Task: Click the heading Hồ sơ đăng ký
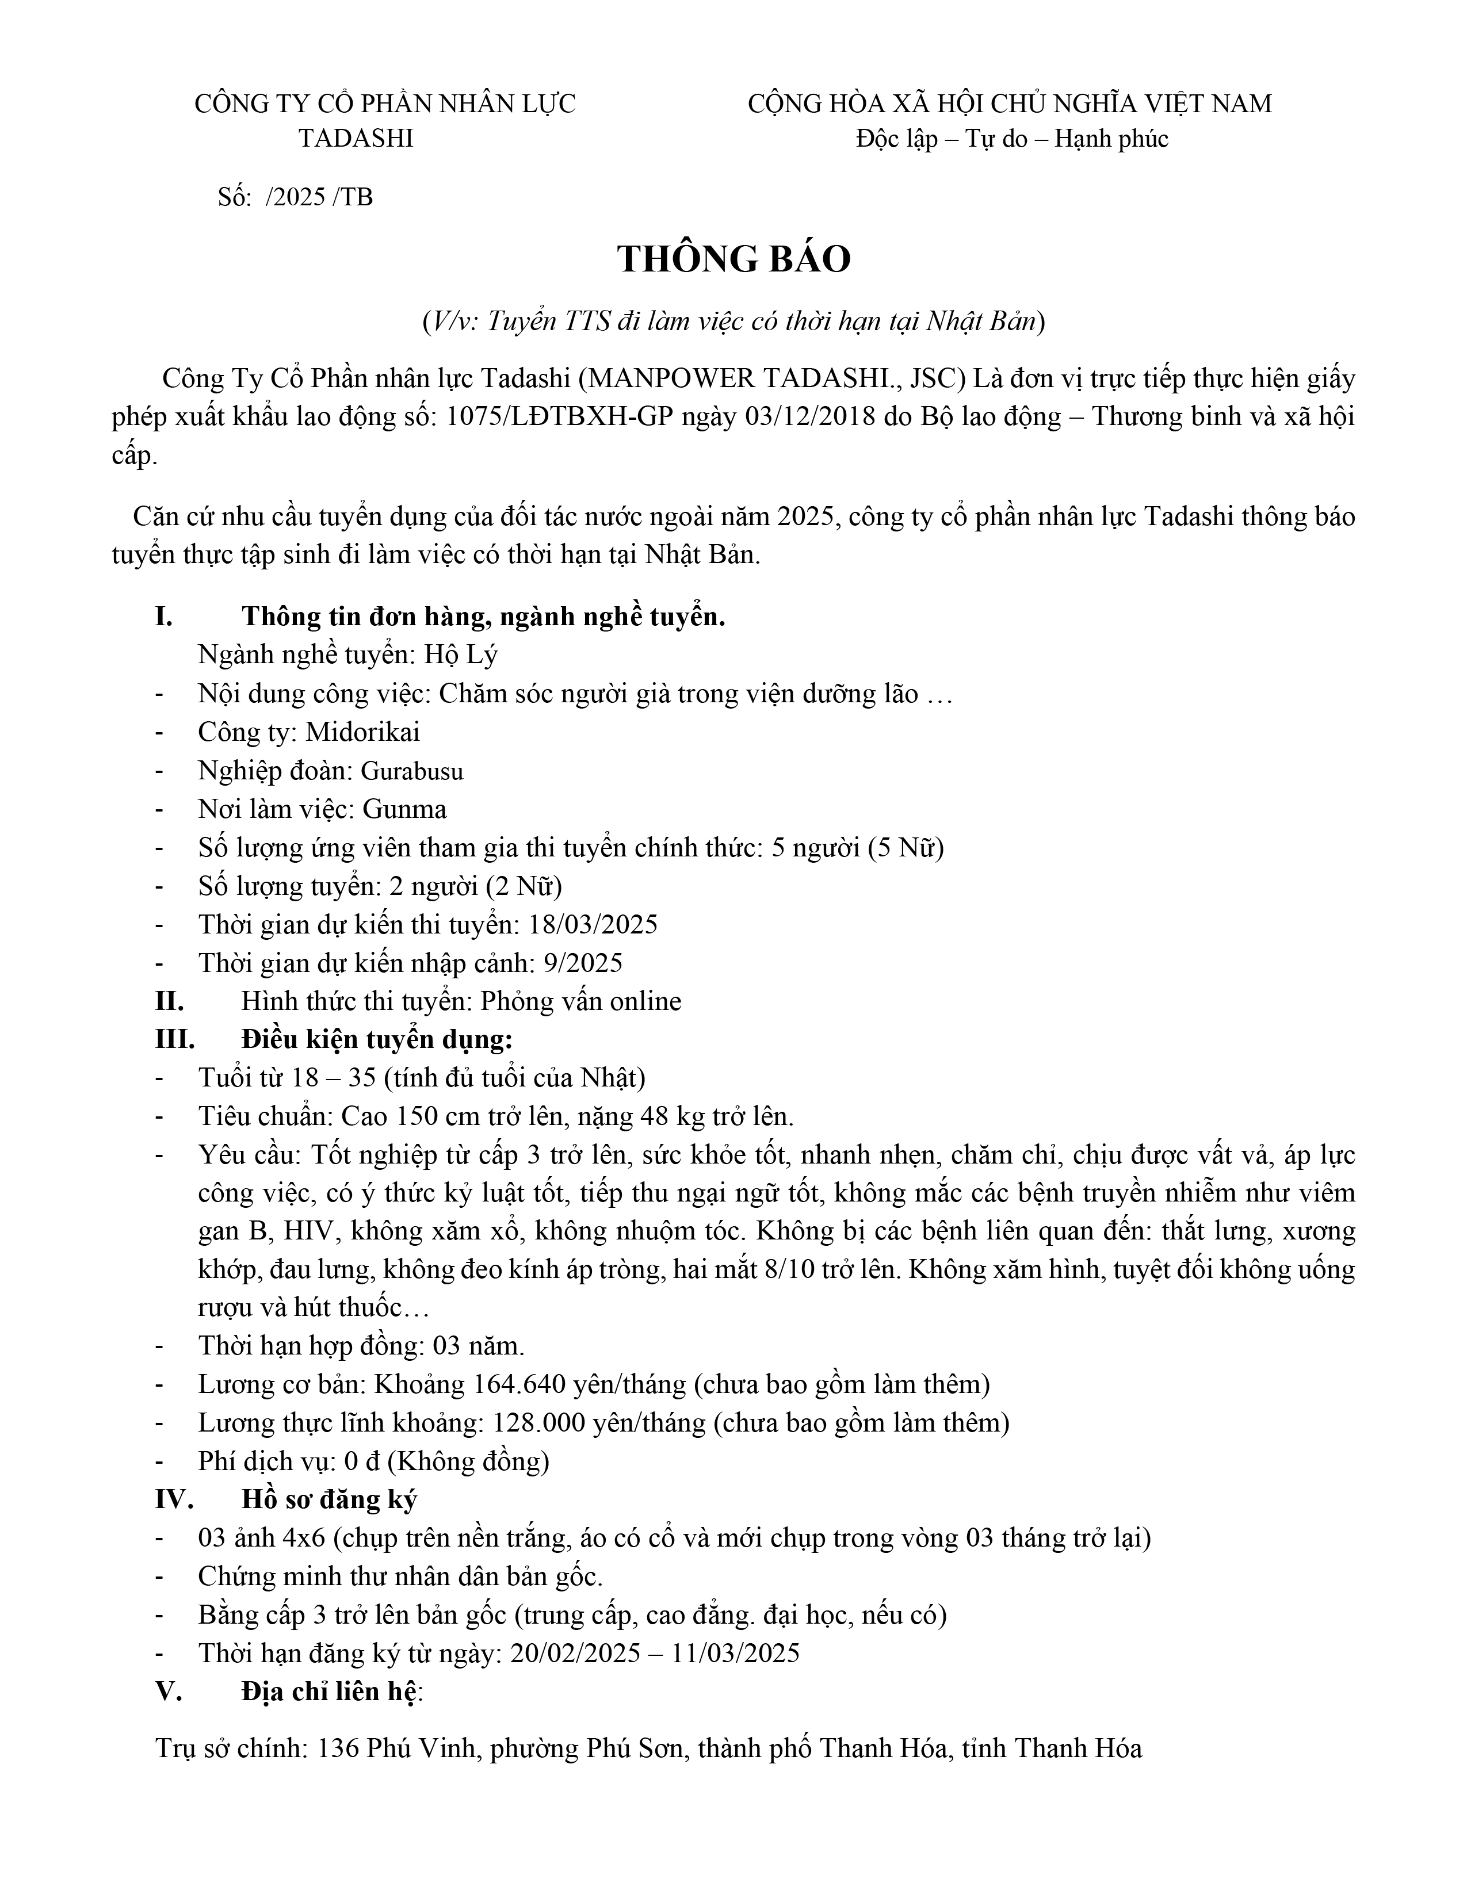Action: click(x=330, y=1500)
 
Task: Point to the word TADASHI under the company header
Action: click(x=356, y=139)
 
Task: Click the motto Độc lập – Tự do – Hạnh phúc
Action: click(x=1011, y=139)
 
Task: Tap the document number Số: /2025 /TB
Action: click(x=296, y=197)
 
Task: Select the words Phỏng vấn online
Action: click(x=580, y=1001)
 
